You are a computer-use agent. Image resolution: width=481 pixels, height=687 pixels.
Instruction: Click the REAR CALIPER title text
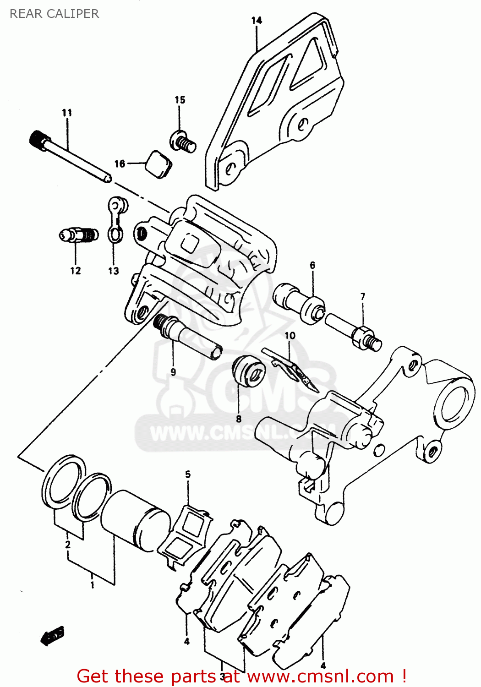click(x=54, y=14)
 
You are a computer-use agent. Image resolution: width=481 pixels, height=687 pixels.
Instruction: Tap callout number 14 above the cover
click(x=257, y=21)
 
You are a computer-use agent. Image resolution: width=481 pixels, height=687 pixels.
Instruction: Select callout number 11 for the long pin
click(x=67, y=113)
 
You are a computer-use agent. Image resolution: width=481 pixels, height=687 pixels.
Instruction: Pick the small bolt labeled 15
click(x=183, y=141)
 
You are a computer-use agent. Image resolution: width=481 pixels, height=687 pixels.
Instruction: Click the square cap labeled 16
click(x=159, y=164)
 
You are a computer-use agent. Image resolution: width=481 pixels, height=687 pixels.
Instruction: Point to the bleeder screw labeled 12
click(x=79, y=235)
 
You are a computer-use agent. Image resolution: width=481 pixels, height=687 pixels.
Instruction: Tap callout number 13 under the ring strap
click(x=113, y=271)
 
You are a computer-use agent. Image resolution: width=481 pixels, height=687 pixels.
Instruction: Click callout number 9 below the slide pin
click(x=173, y=372)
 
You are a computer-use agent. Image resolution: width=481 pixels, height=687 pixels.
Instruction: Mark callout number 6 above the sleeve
click(x=312, y=265)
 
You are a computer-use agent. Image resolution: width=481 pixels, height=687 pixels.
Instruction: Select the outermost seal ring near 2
click(x=64, y=481)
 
